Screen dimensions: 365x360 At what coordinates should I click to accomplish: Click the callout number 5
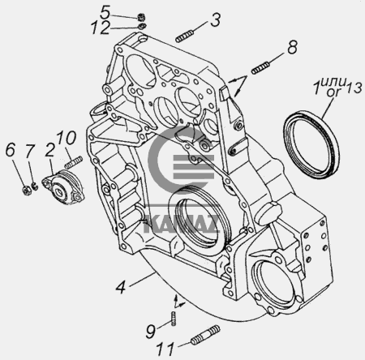pyautogui.click(x=105, y=12)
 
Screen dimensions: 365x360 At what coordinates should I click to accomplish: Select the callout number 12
pyautogui.click(x=100, y=28)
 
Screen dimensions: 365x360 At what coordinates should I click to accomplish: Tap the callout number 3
pyautogui.click(x=216, y=19)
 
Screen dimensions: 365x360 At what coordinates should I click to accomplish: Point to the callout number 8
pyautogui.click(x=292, y=47)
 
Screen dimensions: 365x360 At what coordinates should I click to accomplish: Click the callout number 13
pyautogui.click(x=354, y=88)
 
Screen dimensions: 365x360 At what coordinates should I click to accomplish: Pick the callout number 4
pyautogui.click(x=121, y=287)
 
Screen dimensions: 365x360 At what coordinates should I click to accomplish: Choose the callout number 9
pyautogui.click(x=151, y=332)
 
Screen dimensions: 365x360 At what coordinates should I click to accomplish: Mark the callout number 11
pyautogui.click(x=165, y=349)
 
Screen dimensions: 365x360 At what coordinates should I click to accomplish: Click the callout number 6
pyautogui.click(x=11, y=149)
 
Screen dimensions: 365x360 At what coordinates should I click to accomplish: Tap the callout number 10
pyautogui.click(x=67, y=138)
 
